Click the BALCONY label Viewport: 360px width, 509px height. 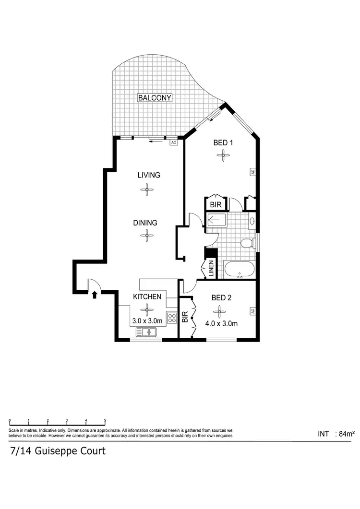[x=155, y=98]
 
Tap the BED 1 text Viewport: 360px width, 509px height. [x=223, y=142]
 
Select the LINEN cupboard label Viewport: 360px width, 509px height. [x=210, y=269]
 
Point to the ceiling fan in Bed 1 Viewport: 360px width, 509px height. [x=222, y=154]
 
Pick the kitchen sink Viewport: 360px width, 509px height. [x=147, y=331]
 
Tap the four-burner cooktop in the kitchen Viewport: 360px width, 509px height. [x=171, y=320]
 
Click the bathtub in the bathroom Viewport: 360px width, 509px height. [x=239, y=270]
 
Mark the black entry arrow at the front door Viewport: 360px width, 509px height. [x=95, y=294]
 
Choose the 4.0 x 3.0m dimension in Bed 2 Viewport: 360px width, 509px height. [x=221, y=323]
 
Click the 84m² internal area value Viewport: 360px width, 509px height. [x=346, y=434]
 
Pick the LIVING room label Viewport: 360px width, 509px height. [x=148, y=175]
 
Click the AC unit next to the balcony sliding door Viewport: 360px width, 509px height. [x=174, y=142]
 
